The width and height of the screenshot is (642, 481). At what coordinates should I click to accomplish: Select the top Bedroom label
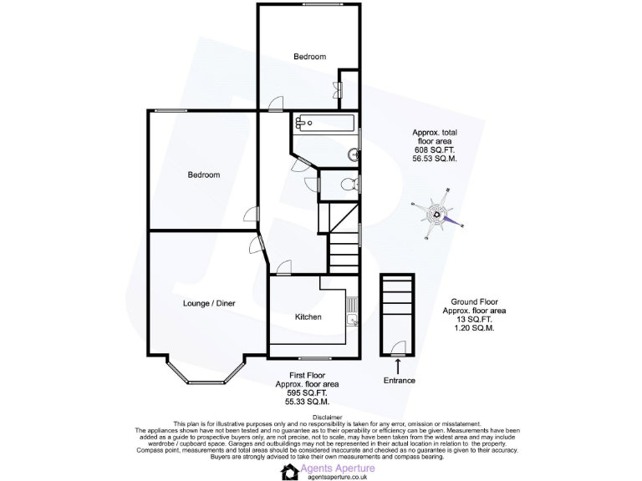tap(309, 56)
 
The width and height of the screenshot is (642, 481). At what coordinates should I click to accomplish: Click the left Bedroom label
tap(203, 175)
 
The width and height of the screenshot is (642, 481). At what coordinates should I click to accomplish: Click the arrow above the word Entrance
tap(398, 366)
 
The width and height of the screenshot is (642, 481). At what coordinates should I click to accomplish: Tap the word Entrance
tap(399, 381)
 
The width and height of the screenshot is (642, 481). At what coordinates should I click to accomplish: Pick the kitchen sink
tap(353, 318)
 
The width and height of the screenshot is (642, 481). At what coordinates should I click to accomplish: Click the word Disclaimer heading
tap(322, 417)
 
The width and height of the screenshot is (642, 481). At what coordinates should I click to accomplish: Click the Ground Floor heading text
tap(475, 301)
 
